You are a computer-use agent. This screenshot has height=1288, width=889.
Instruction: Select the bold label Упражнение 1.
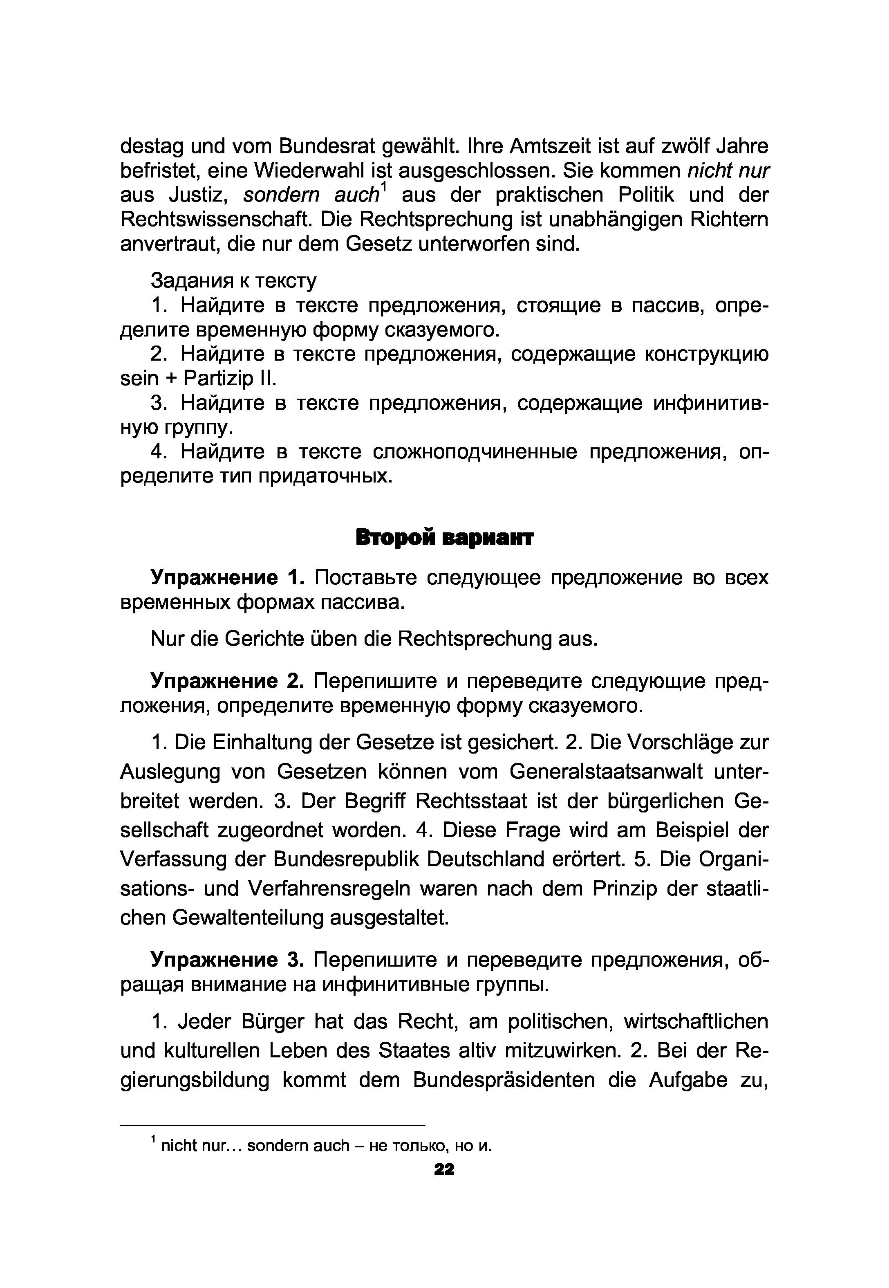(x=227, y=578)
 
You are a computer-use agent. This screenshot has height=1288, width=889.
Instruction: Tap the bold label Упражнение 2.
(x=227, y=681)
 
